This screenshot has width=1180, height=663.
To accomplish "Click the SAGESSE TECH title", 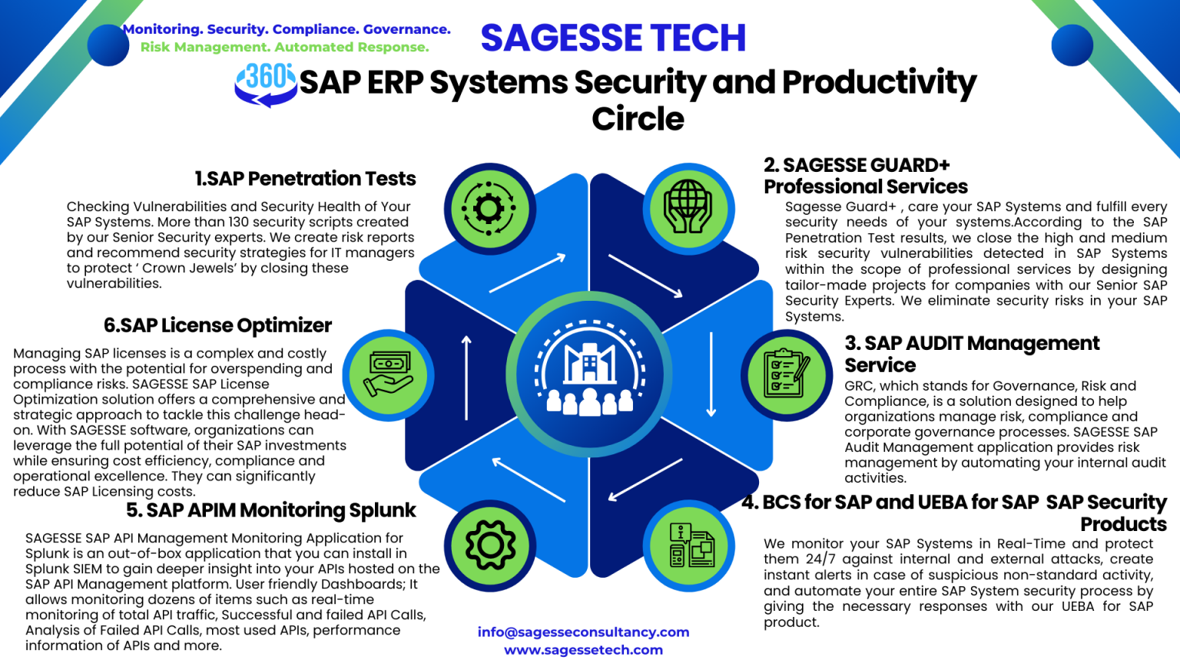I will pos(613,38).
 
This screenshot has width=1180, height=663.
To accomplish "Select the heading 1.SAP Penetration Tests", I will pos(305,179).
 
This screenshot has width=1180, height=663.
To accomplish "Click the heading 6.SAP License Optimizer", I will pos(217,325).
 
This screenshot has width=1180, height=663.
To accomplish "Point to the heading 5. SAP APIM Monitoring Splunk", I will pos(270,510).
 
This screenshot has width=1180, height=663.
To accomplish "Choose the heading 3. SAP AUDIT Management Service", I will pos(971,354).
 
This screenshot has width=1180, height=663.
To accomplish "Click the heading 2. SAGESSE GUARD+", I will pos(857,166).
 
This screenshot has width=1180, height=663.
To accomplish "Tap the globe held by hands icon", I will pos(688,206).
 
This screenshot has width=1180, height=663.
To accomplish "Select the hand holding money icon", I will pos(388,374).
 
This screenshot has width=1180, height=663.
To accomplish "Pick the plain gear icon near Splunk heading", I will pos(490,544).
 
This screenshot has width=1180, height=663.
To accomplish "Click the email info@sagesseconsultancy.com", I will pos(583,632).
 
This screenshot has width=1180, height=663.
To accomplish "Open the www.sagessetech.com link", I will pos(583,650).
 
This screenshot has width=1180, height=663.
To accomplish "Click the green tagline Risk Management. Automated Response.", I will pos(284,48).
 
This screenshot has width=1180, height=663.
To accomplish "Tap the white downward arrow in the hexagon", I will pos(711,375).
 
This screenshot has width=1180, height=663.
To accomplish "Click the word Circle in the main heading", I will pos(638,119).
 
